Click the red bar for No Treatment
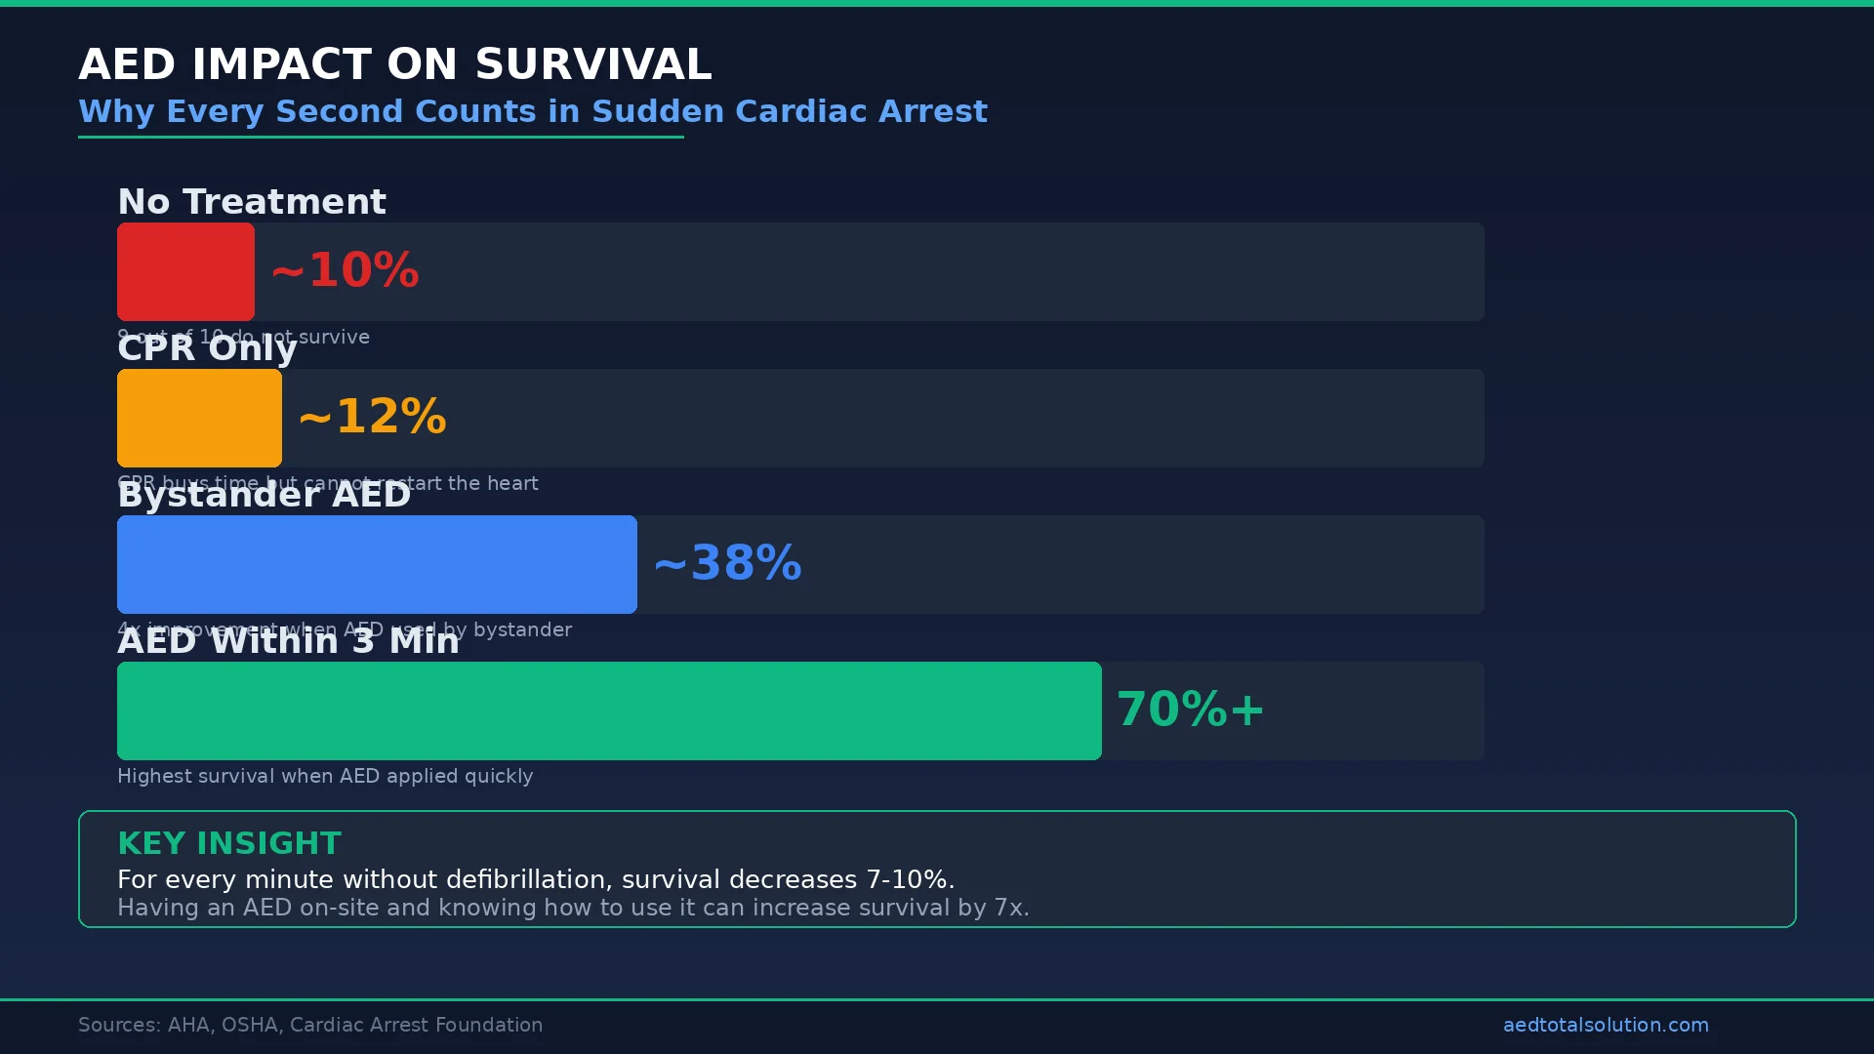(x=185, y=271)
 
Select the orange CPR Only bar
(x=199, y=418)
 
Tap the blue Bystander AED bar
(x=377, y=564)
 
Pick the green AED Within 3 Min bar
(x=609, y=710)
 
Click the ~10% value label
(x=345, y=270)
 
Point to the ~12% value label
(x=372, y=417)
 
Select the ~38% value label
(x=727, y=563)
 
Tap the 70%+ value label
(x=1190, y=709)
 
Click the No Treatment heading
(x=252, y=202)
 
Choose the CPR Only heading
(x=207, y=348)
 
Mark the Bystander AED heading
(x=264, y=495)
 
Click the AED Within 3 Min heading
(x=288, y=641)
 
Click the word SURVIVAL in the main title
(x=592, y=65)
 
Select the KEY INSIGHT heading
(x=229, y=843)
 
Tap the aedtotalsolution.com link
(x=1606, y=1025)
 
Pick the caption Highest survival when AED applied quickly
(x=325, y=776)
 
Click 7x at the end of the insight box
(x=1010, y=908)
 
